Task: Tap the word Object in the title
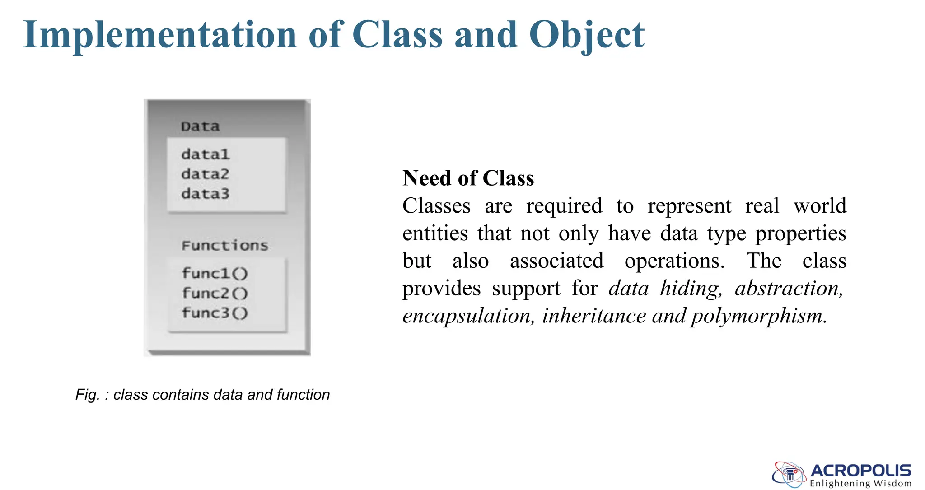point(587,35)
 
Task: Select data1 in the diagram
point(206,154)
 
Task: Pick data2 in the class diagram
point(206,174)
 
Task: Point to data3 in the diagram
point(206,194)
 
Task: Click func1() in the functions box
point(215,273)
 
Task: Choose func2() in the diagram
point(215,293)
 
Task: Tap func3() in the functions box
point(215,313)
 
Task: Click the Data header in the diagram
point(200,126)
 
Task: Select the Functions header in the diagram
point(225,246)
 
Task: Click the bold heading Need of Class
point(468,178)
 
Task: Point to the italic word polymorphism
point(759,316)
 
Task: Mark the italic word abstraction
point(789,288)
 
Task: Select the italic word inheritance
point(594,316)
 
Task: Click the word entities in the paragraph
point(435,233)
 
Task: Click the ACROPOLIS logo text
point(860,471)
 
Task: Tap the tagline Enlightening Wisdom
point(860,484)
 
